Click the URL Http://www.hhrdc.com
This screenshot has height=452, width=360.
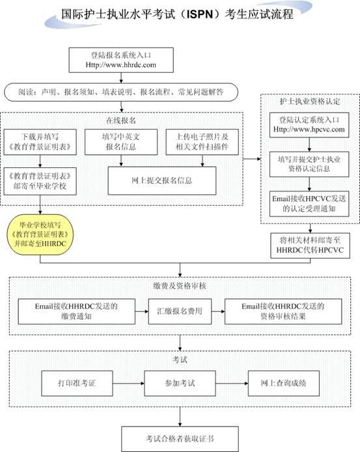121,64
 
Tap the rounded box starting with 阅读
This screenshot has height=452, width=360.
121,92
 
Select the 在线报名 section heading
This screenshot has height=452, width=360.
121,120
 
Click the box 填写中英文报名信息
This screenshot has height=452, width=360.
121,142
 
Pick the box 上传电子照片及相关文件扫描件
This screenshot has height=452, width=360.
202,142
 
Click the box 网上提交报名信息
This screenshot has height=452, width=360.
162,181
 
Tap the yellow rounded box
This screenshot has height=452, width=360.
40,234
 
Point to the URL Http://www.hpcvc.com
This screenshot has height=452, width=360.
309,129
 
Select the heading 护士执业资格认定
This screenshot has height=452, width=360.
310,101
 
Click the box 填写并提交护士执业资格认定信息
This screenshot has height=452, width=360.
309,164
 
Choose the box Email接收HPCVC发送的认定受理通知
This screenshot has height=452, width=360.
309,203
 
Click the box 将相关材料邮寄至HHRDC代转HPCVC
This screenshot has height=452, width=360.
310,246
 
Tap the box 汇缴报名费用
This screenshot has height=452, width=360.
180,311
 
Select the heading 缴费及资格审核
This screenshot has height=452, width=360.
180,286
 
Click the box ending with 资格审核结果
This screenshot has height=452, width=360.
283,311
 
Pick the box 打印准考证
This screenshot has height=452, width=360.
77,383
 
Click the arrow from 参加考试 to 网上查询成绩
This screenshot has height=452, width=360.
232,384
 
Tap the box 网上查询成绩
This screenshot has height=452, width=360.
284,383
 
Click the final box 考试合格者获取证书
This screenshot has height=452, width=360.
180,439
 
